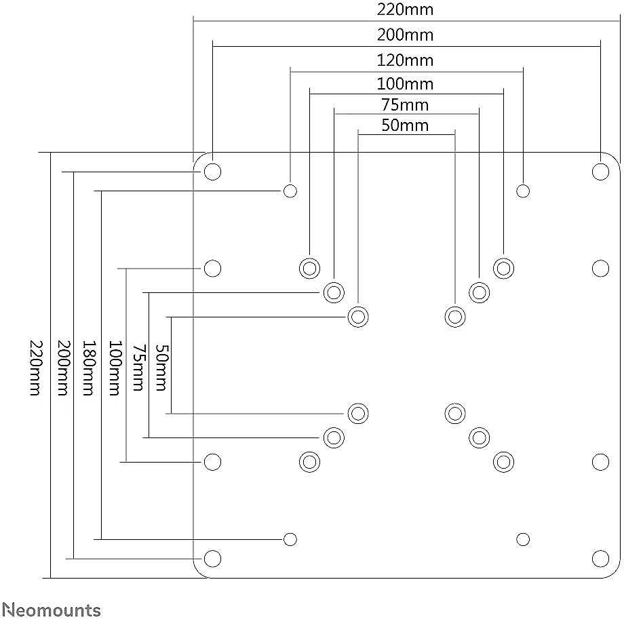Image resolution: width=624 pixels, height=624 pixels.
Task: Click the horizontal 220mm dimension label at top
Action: (405, 9)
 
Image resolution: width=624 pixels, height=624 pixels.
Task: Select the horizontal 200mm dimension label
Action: (405, 35)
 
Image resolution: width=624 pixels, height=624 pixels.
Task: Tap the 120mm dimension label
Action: (405, 60)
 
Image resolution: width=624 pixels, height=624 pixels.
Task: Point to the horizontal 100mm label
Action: (405, 84)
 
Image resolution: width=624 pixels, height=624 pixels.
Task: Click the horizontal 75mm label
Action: (405, 105)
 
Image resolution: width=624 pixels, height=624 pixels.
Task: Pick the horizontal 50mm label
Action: (405, 125)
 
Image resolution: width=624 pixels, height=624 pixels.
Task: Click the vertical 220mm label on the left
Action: (35, 368)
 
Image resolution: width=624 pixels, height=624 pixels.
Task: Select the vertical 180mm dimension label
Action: (89, 368)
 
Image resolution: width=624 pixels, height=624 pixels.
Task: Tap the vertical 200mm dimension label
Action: (63, 368)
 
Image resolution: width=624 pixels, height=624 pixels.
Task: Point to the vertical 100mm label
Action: (115, 368)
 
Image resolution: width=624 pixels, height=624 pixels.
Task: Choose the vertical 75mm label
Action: (138, 368)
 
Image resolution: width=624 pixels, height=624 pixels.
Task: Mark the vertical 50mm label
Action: (161, 368)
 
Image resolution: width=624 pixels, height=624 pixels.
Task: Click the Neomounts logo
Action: (52, 610)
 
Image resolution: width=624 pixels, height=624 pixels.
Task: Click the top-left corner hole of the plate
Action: (212, 172)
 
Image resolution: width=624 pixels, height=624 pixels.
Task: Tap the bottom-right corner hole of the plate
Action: (600, 559)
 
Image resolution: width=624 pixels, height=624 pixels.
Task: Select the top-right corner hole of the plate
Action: (600, 172)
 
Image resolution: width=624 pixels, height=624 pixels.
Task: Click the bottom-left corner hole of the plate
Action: (212, 559)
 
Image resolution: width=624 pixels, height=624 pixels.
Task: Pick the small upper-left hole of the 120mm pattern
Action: (290, 191)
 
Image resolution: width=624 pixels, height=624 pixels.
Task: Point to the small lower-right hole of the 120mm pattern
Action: (523, 540)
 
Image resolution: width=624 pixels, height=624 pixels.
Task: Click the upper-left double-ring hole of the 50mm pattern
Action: (357, 317)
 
